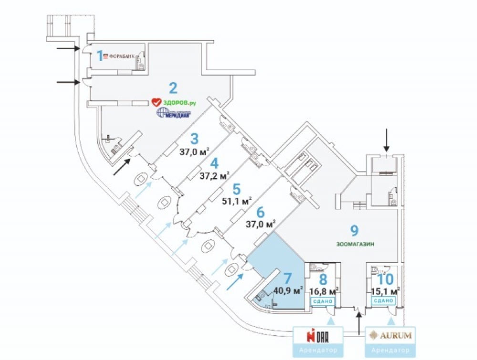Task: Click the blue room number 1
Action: point(100,56)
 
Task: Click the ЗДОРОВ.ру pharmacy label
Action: point(174,102)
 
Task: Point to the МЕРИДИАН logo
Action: point(174,114)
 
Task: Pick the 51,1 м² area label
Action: point(237,201)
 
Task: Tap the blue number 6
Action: point(260,212)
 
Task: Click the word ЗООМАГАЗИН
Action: point(355,244)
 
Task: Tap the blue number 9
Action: point(354,231)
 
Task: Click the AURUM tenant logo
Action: point(391,335)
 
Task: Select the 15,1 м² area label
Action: point(385,290)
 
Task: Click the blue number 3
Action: point(194,139)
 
